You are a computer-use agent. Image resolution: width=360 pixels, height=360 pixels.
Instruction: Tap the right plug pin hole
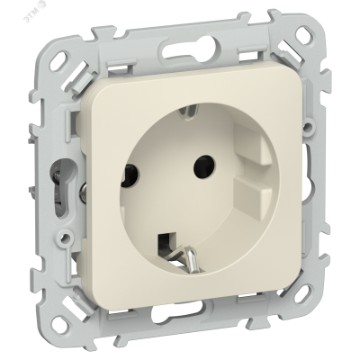point(205,165)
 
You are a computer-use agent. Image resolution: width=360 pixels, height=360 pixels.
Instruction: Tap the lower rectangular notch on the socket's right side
point(250,195)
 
